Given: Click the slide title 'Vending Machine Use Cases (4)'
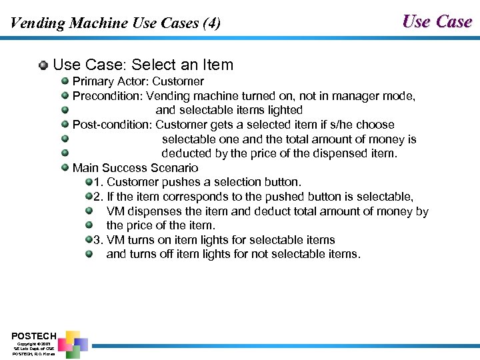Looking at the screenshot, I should pos(115,23).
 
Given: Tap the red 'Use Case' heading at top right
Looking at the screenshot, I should pos(437,21).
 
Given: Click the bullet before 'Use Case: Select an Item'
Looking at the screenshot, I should pos(43,65).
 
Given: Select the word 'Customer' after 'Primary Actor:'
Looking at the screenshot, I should pos(178,81).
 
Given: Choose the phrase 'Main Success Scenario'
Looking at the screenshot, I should pos(135,168).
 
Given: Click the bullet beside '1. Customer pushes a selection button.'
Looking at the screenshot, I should pos(89,182).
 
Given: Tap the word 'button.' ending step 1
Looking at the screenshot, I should pos(282,182).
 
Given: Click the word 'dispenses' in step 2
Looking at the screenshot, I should pos(155,211).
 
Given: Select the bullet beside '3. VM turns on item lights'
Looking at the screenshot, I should pos(89,240).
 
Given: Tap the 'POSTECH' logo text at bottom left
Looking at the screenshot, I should pos(34,335).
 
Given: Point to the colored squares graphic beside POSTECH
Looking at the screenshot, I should pos(72,342).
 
